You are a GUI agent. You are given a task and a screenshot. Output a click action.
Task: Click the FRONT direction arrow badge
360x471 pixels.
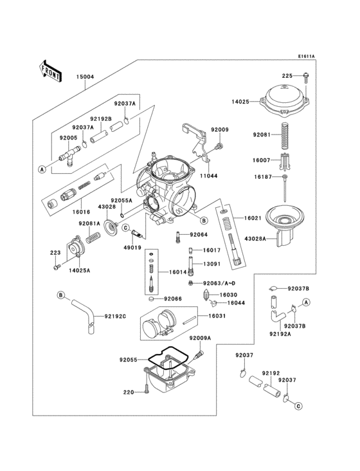click(50, 70)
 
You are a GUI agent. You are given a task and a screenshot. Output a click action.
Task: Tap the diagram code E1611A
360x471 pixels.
click(306, 57)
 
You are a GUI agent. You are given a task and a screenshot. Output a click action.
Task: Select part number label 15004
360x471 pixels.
click(85, 77)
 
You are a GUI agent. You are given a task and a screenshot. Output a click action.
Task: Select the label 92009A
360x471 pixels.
click(200, 338)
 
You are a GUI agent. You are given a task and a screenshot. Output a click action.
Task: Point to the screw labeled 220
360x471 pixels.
click(147, 389)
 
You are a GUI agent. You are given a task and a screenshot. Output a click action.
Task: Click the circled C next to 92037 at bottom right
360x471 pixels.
click(298, 406)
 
